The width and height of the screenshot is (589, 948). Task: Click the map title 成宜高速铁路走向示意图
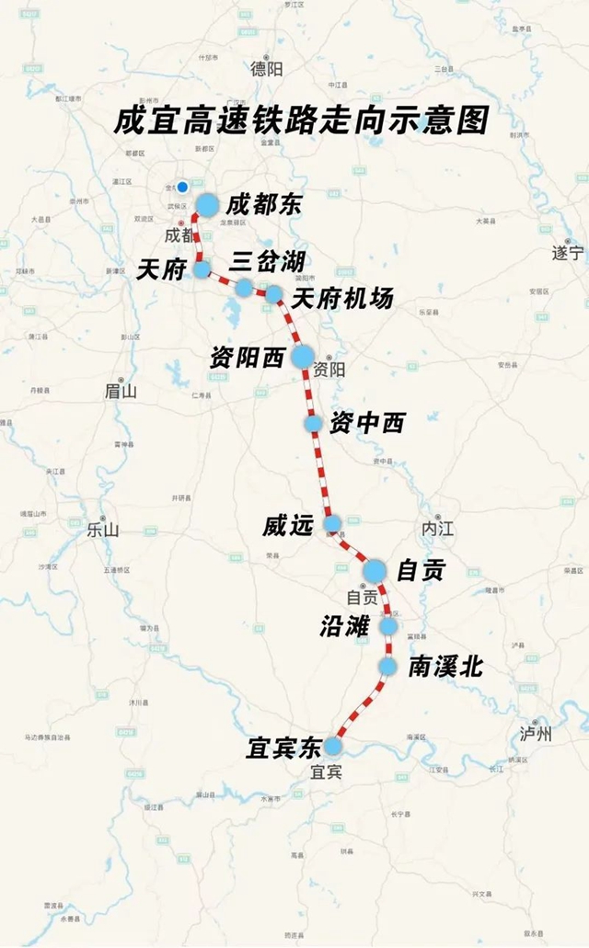(x=300, y=121)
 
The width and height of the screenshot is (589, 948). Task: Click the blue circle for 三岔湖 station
(x=243, y=288)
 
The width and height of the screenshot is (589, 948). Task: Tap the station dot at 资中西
(x=314, y=423)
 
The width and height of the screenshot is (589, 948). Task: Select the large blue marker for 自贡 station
(x=374, y=571)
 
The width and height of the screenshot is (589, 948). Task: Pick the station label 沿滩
(x=345, y=626)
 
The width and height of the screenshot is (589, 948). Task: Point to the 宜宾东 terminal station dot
(x=333, y=745)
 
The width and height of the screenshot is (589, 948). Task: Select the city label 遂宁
(x=568, y=251)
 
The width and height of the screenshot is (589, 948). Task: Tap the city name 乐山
(x=103, y=530)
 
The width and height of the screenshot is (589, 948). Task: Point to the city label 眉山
(x=120, y=391)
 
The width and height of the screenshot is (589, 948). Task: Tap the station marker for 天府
(x=202, y=269)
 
